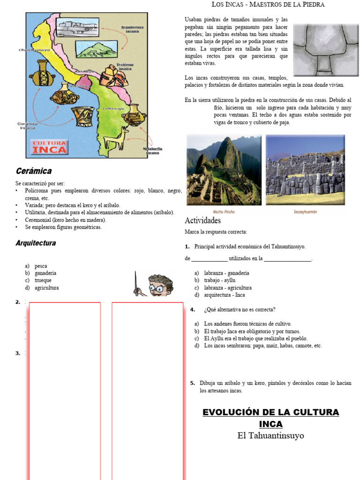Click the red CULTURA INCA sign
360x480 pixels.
pos(49,147)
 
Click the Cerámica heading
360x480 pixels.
pos(34,171)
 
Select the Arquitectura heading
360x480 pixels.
pos(36,243)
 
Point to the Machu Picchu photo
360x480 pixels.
pos(224,170)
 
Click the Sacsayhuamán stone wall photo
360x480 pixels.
pos(305,170)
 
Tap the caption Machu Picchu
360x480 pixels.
pos(224,212)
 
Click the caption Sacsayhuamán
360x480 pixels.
pos(305,212)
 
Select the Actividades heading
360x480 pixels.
pos(202,220)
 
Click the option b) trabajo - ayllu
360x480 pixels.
pos(215,280)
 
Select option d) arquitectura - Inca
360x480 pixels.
pos(220,295)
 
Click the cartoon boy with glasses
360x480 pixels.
pos(158,285)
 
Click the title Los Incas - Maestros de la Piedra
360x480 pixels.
pos(268,5)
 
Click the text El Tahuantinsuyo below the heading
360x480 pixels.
pos(270,436)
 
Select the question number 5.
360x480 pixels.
pos(192,383)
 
